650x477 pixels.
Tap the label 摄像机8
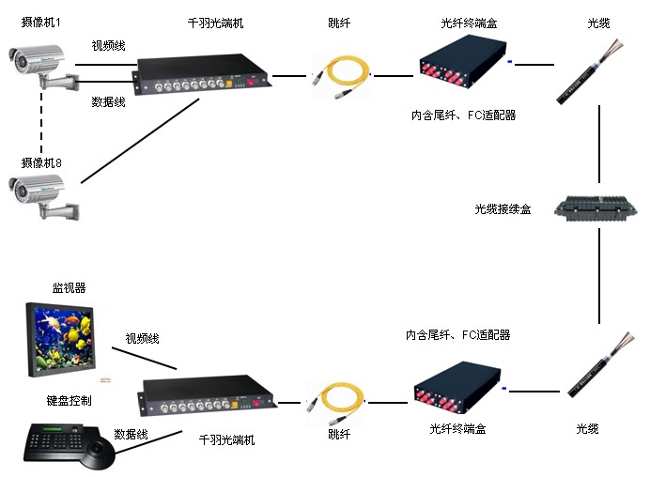point(41,162)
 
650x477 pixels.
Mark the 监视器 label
point(69,288)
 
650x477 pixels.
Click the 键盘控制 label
point(69,400)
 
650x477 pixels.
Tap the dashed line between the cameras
point(40,122)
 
